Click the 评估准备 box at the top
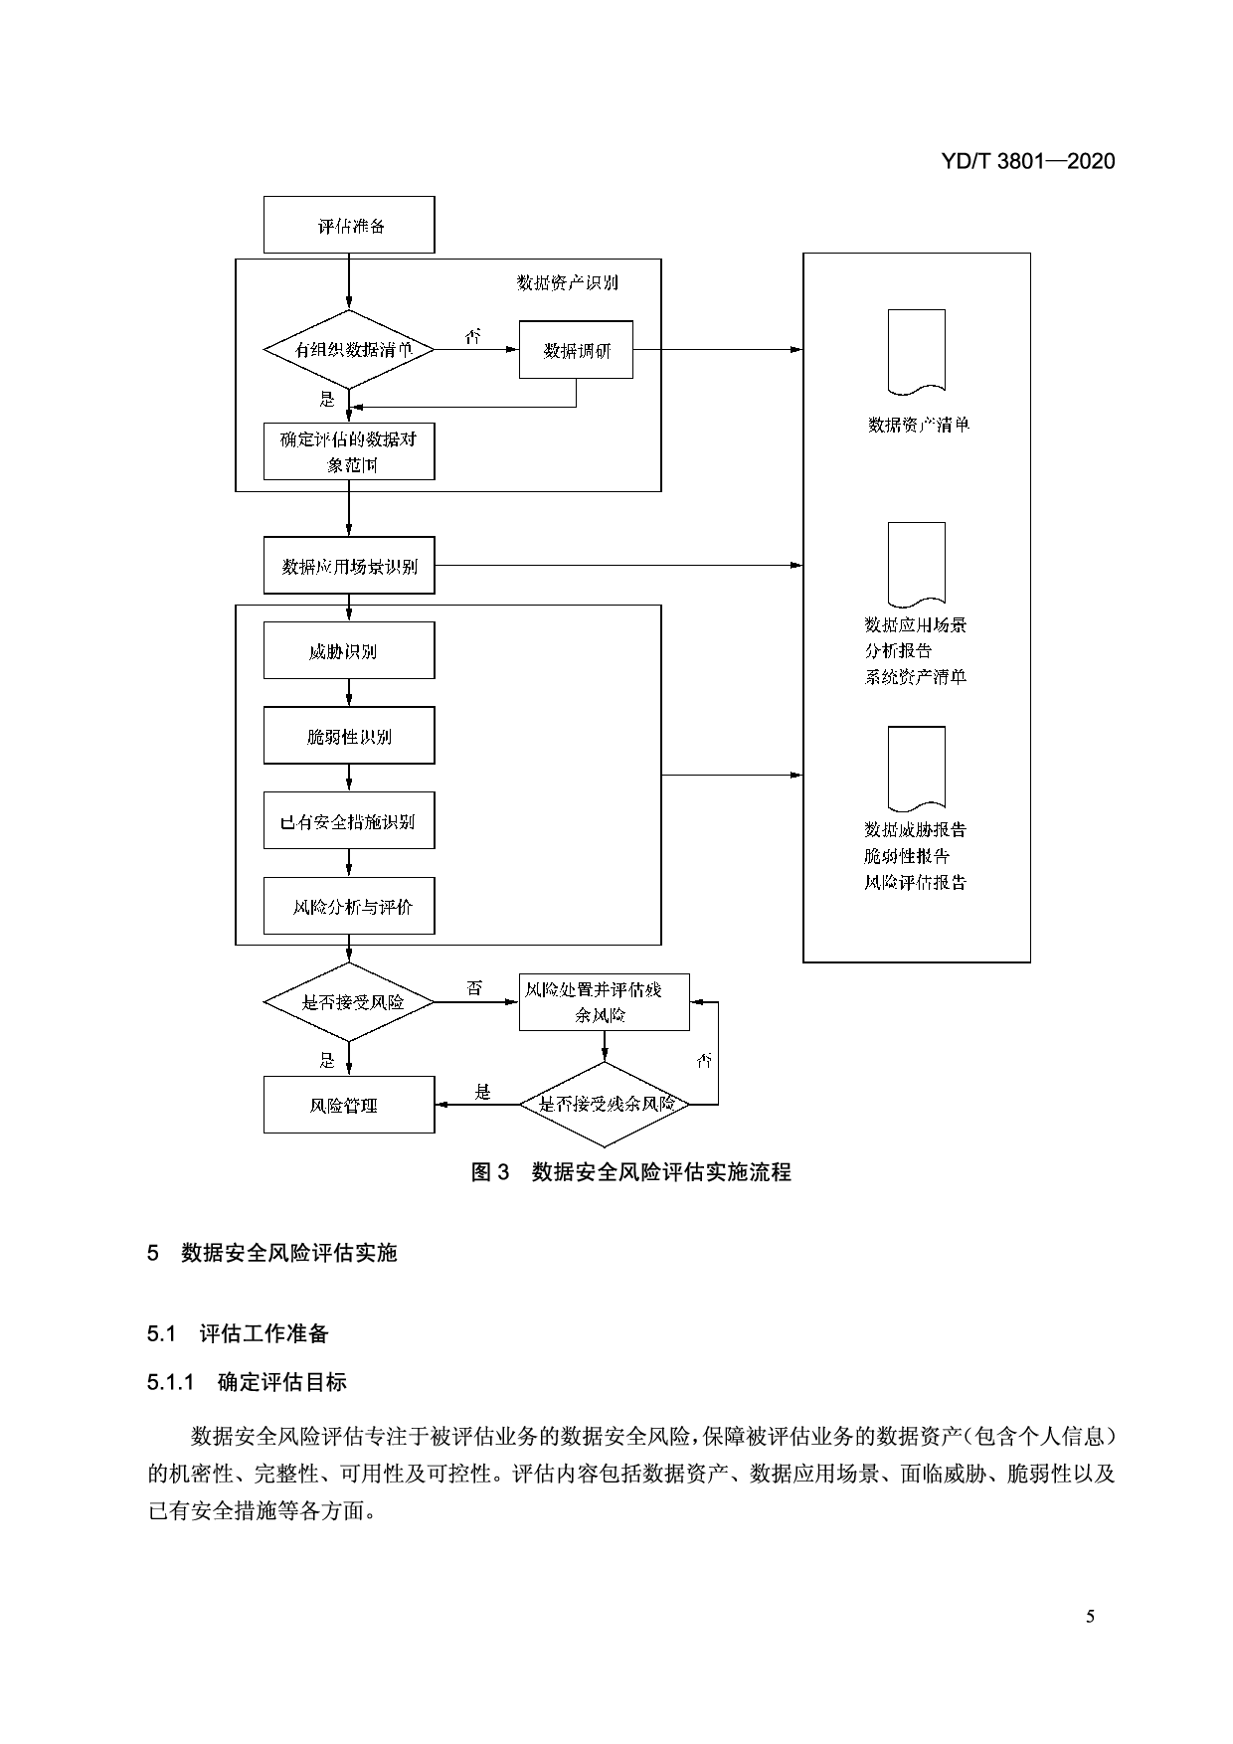point(349,225)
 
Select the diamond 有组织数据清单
point(349,350)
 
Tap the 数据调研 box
point(576,350)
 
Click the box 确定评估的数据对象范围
point(349,451)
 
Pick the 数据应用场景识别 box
point(349,566)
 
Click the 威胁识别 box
point(349,651)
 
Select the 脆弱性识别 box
point(349,736)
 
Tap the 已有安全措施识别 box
point(349,821)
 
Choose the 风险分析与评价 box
point(349,906)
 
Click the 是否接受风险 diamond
point(349,1002)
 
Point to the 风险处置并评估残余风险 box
point(605,1002)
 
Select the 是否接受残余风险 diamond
point(605,1104)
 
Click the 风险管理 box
point(349,1105)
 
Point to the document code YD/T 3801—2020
point(1027,161)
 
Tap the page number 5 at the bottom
point(1090,1617)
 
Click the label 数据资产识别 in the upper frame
point(567,282)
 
